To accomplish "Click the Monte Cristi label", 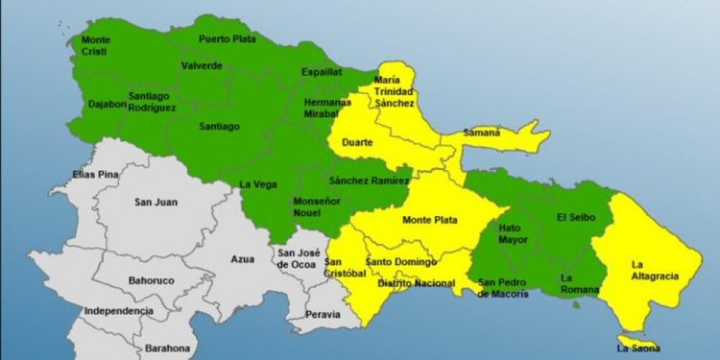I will click(96, 45).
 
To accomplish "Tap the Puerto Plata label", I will click(227, 39).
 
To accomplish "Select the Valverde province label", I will click(202, 65).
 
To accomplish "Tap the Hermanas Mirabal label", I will click(324, 108).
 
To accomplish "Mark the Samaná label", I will click(481, 132).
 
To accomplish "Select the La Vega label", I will click(257, 184).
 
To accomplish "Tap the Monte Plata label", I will click(429, 220).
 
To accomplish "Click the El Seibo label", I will click(576, 218).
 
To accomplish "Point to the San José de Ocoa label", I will click(297, 257).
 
